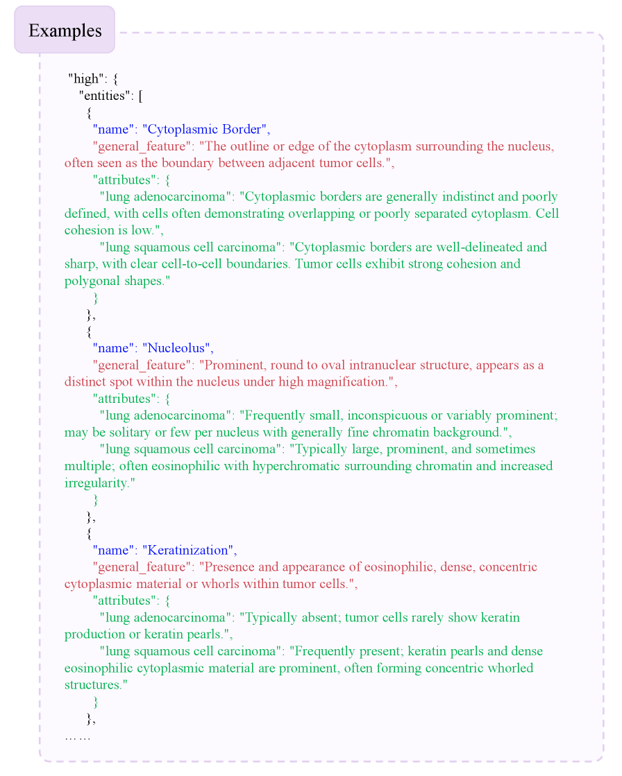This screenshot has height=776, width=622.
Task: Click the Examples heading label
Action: [x=65, y=31]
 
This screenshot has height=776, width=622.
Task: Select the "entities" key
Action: [x=106, y=96]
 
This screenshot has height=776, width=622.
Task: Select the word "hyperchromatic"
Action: [x=295, y=466]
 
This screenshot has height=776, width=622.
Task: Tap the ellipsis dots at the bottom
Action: [x=77, y=736]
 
